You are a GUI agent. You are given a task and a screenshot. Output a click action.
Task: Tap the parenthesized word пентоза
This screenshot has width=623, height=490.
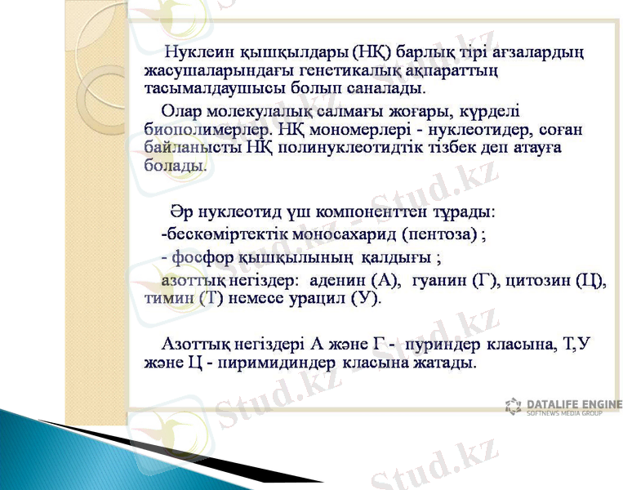coord(442,234)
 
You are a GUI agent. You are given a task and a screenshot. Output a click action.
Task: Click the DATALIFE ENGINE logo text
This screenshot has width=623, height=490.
coord(573,403)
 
